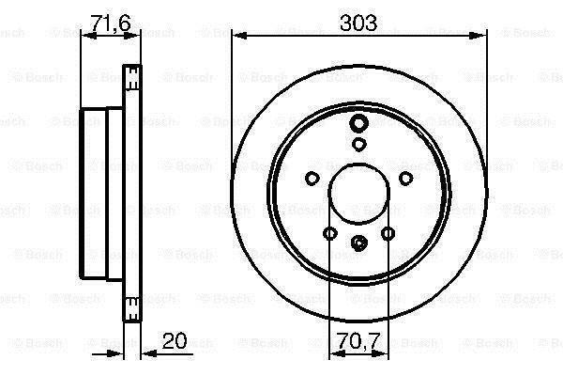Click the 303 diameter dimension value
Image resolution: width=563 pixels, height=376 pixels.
point(358,23)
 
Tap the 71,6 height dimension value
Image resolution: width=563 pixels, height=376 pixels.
point(111,23)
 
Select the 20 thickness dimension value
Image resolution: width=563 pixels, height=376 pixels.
point(175,340)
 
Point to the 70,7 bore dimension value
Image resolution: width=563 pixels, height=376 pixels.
point(358,340)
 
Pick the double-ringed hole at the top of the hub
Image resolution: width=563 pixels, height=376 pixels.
point(358,123)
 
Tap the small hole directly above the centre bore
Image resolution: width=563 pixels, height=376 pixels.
point(358,144)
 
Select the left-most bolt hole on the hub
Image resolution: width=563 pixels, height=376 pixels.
point(312,178)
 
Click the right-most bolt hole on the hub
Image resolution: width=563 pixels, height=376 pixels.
point(405,178)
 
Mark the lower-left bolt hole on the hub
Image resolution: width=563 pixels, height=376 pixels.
point(329,233)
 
